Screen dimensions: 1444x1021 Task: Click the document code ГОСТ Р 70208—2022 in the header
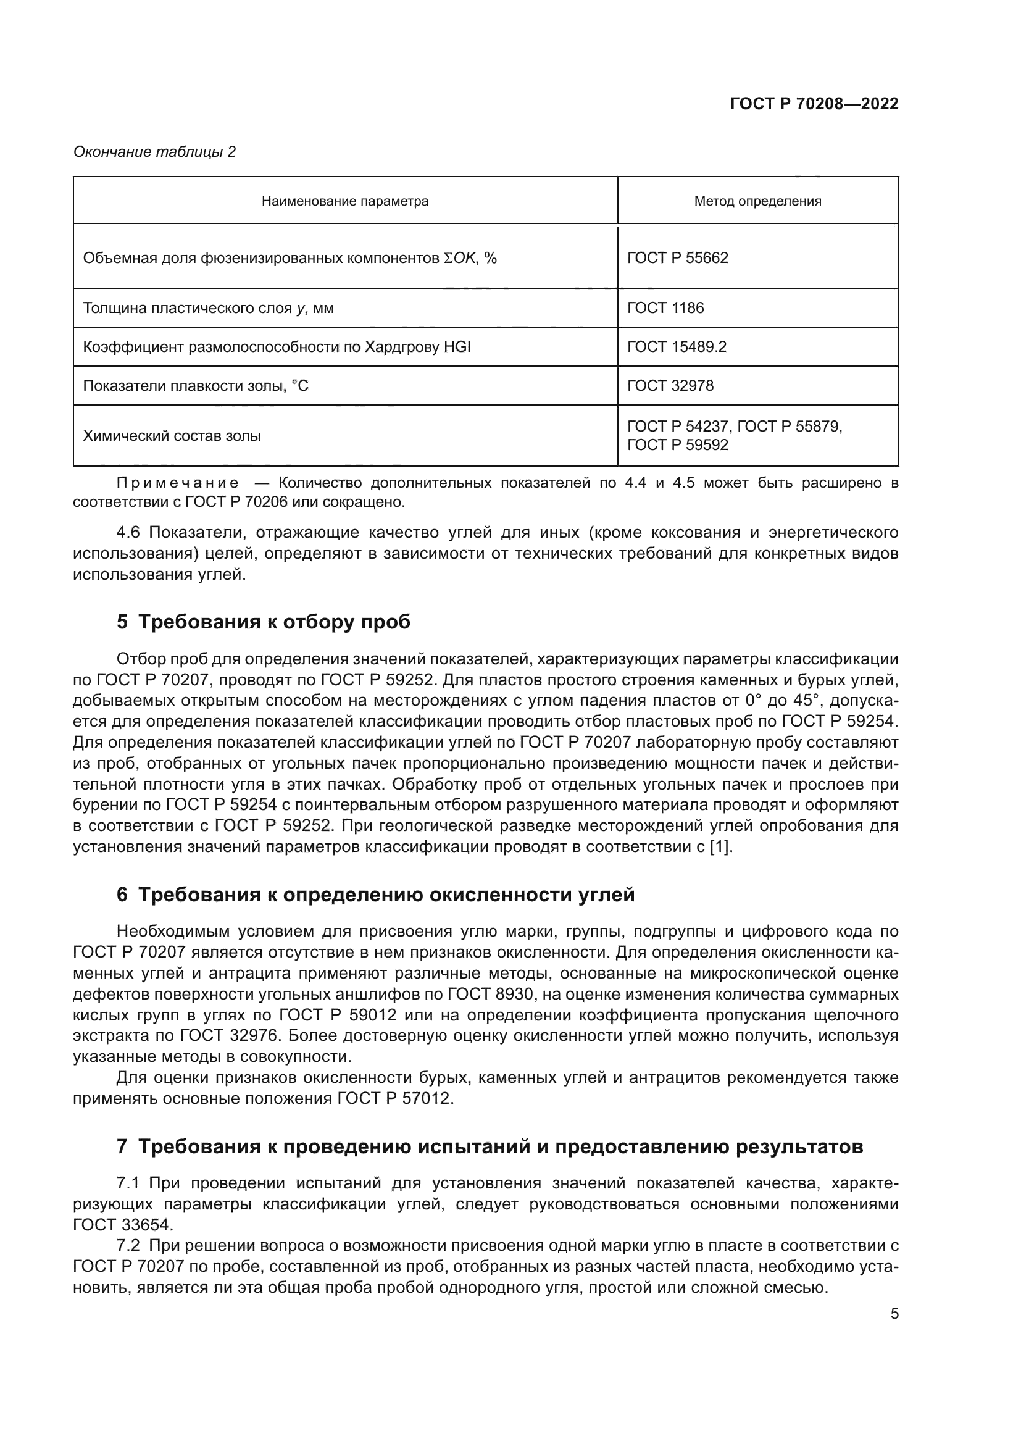(x=814, y=104)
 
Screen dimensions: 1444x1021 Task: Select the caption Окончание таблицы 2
(x=155, y=152)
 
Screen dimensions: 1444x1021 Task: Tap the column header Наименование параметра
(x=345, y=201)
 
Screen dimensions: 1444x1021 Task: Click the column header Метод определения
(x=757, y=201)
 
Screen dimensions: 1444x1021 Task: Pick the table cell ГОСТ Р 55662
(x=678, y=258)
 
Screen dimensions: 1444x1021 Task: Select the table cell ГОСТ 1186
(x=665, y=307)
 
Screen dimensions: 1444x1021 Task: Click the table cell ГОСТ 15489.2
(x=677, y=346)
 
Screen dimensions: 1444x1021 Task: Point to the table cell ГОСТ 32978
(x=670, y=385)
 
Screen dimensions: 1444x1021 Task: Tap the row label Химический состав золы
(x=172, y=436)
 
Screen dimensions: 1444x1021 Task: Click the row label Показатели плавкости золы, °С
(x=196, y=385)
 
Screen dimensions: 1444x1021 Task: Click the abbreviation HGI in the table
(x=457, y=346)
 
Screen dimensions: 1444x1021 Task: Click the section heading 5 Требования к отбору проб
(x=264, y=622)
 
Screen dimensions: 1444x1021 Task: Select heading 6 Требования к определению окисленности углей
(x=375, y=895)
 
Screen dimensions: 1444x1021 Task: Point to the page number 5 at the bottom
(x=894, y=1313)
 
